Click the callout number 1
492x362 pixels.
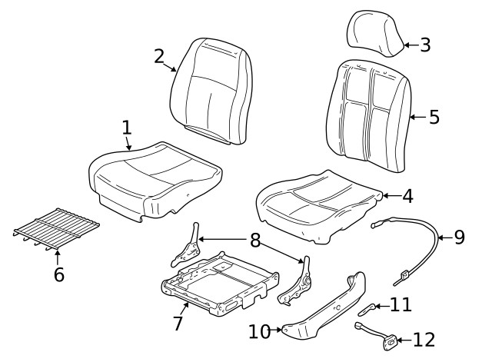click(127, 128)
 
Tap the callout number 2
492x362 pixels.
click(158, 56)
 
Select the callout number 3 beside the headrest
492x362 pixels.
click(425, 45)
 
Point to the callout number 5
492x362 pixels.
click(434, 118)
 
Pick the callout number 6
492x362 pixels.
click(58, 274)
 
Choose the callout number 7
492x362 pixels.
click(178, 323)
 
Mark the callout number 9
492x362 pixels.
click(459, 237)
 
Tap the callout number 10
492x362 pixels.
click(258, 331)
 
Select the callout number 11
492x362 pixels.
click(401, 305)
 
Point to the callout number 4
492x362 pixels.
click(407, 196)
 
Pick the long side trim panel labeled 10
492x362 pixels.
click(331, 307)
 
